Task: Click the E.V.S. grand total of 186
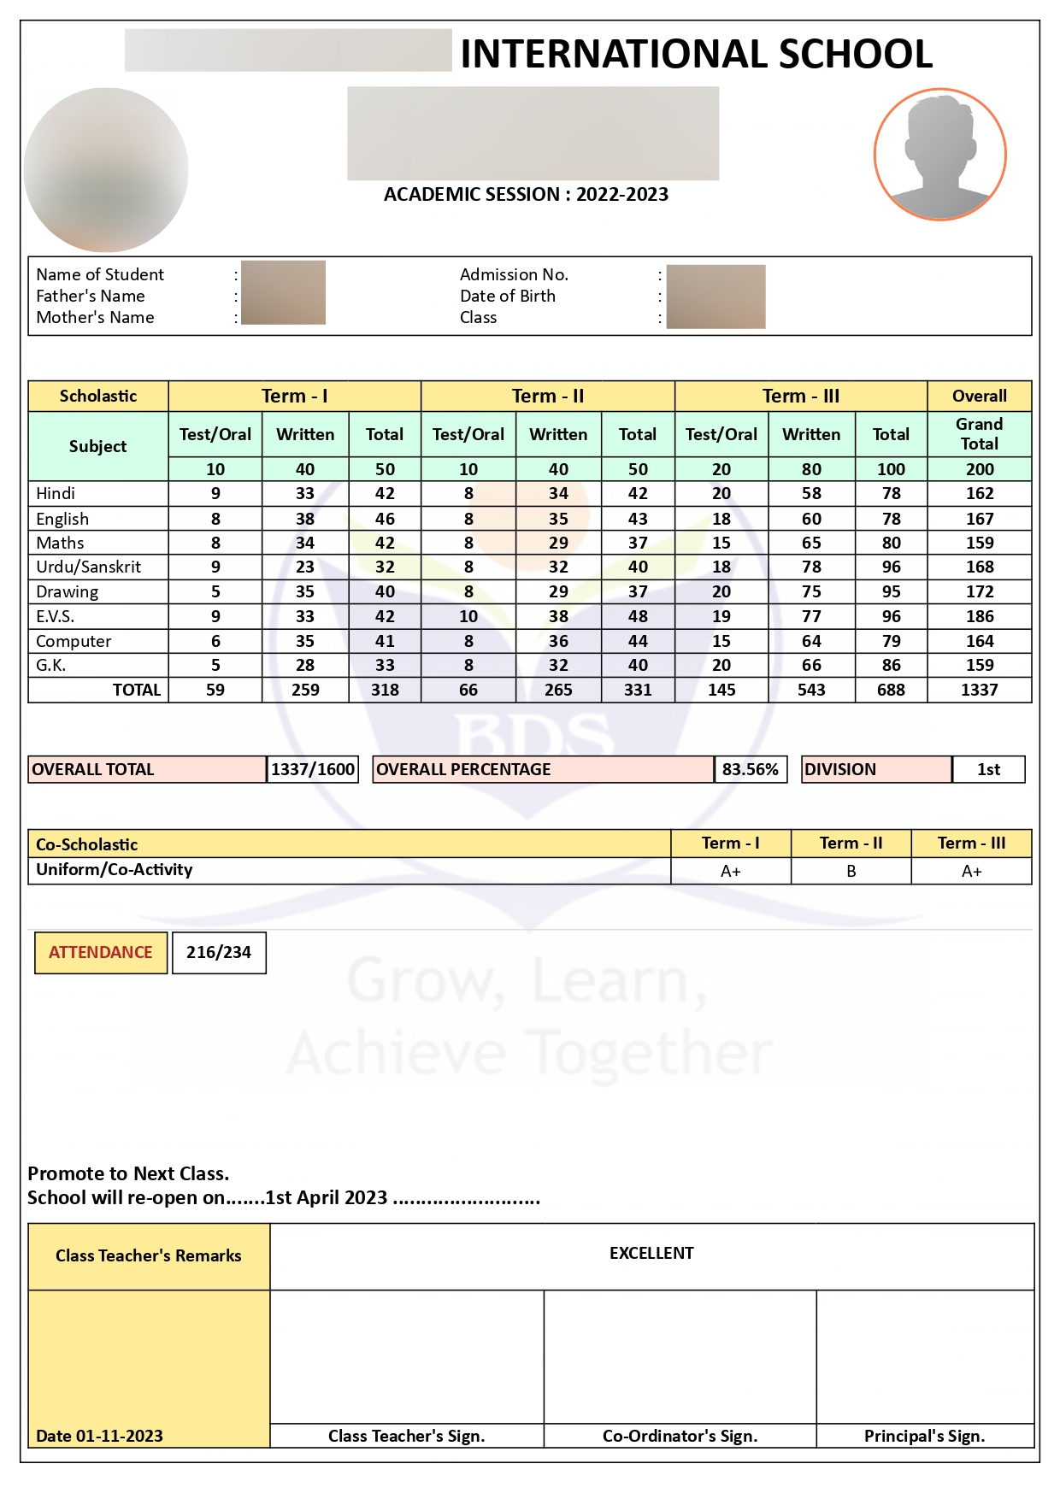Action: pos(980,616)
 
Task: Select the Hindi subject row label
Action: pos(56,493)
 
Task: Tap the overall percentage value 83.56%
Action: pos(750,769)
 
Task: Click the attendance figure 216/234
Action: pos(219,952)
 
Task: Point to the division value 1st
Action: pos(988,769)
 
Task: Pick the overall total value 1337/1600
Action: pos(312,769)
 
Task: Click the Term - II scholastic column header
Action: pos(548,396)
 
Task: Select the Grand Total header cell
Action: pos(980,433)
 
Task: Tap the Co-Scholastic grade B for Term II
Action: pos(851,871)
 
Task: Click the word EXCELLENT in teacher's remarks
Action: pos(651,1253)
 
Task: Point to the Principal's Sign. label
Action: pos(924,1436)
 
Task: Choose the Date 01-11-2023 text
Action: pos(99,1436)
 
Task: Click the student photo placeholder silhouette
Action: pos(939,155)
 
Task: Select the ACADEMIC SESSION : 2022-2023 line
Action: pos(526,194)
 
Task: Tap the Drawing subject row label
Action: pos(67,591)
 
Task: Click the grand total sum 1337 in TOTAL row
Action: pos(980,690)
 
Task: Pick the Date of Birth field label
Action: pos(508,296)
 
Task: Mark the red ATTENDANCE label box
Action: pos(100,952)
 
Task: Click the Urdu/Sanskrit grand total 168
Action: pos(980,567)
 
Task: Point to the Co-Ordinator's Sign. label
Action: pos(680,1436)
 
